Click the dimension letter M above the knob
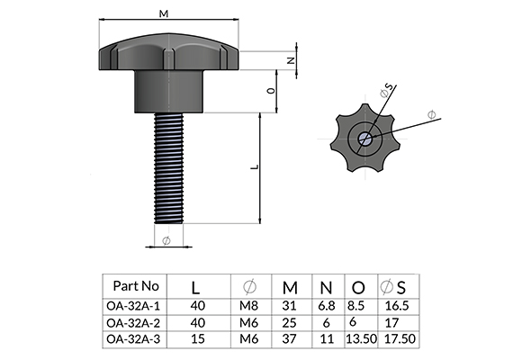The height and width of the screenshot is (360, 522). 164,13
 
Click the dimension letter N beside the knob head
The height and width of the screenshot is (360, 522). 292,60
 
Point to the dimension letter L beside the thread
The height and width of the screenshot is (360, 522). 255,166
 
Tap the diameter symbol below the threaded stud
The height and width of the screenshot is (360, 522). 166,240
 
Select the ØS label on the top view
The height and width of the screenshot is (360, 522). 386,91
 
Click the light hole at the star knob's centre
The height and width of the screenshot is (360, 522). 364,139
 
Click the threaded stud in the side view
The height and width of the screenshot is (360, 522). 169,168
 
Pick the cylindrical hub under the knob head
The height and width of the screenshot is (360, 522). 169,92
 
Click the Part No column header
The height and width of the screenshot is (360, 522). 136,285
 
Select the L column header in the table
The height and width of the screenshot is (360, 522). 195,288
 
